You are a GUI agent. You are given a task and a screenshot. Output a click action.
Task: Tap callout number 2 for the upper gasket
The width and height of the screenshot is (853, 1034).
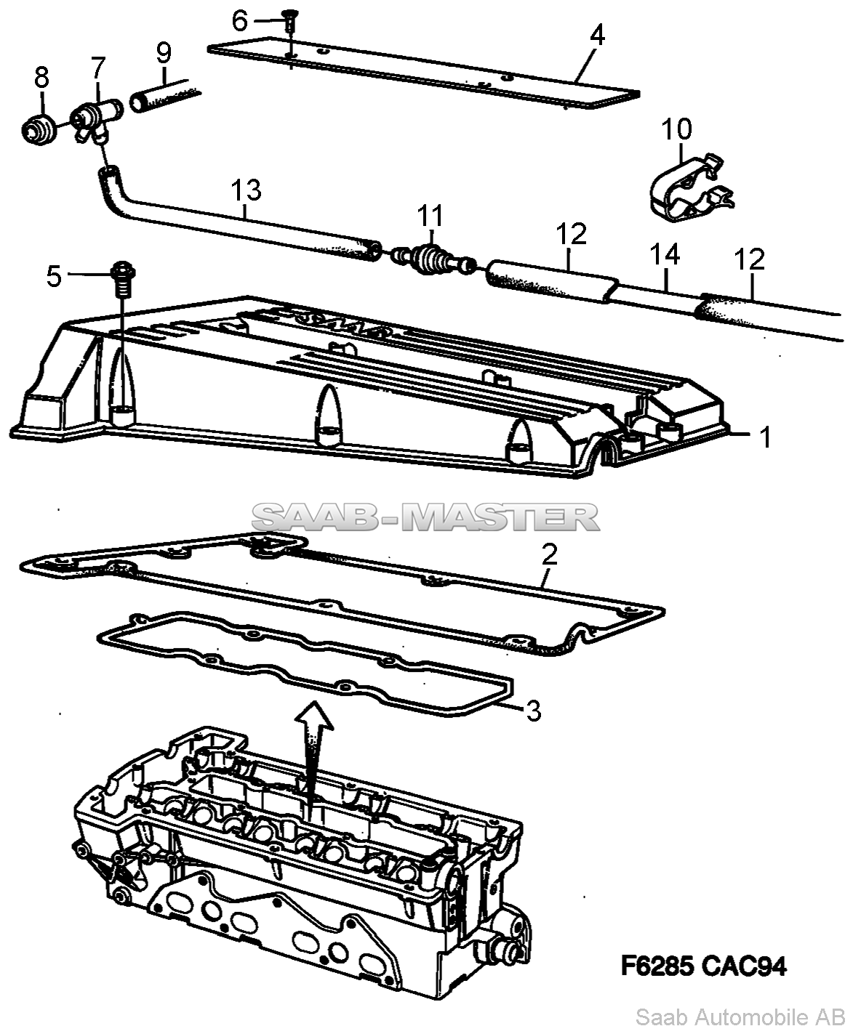tap(550, 555)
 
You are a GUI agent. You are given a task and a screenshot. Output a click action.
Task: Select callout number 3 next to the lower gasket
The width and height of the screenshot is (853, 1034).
tap(533, 711)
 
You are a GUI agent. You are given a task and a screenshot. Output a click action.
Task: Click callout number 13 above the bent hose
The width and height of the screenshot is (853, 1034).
tap(246, 191)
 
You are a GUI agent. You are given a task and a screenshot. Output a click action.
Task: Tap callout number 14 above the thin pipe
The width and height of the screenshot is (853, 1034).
tap(665, 255)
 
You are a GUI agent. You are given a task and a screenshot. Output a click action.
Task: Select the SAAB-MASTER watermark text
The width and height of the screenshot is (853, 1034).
tap(426, 517)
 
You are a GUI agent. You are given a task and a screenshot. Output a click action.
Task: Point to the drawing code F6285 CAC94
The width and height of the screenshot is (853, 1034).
tap(703, 966)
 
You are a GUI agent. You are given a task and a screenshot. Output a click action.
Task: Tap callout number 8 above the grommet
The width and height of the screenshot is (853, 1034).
tap(41, 76)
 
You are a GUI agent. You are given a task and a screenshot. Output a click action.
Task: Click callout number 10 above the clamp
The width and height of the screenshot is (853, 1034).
tap(676, 130)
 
